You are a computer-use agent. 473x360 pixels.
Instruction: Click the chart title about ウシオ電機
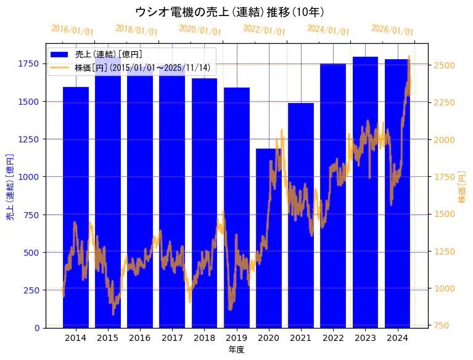(x=229, y=12)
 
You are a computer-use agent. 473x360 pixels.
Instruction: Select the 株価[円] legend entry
(x=146, y=67)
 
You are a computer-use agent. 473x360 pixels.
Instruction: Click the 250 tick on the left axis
(x=32, y=290)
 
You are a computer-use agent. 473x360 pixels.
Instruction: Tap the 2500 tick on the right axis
(x=444, y=65)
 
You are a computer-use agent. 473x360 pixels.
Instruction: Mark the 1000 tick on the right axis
(x=444, y=288)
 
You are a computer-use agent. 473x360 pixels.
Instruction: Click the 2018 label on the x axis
(x=204, y=338)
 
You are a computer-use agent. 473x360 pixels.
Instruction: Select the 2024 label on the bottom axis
(x=397, y=338)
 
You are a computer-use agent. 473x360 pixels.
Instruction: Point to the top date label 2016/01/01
(x=72, y=30)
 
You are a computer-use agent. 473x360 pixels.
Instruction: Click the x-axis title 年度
(x=236, y=350)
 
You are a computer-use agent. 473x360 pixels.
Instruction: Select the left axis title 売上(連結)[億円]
(x=10, y=187)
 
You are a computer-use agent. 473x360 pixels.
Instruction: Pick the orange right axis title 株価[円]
(x=462, y=187)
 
